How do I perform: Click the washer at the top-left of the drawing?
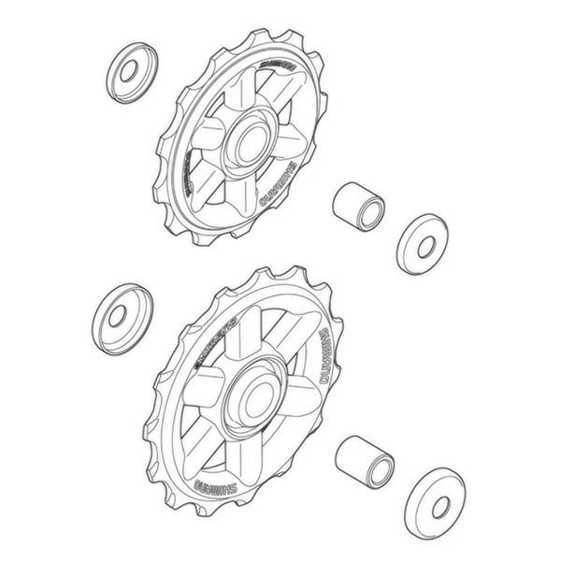(132, 72)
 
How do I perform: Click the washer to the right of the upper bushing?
(422, 244)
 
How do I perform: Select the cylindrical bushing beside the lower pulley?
(364, 460)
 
